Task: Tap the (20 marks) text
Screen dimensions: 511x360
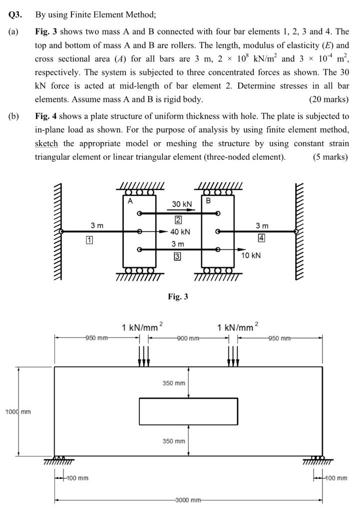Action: (x=329, y=99)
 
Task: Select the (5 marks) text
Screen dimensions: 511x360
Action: (x=331, y=157)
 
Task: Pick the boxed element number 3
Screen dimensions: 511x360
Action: (x=177, y=256)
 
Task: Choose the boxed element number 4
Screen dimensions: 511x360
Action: (x=261, y=238)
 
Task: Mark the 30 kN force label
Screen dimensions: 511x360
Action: (x=182, y=204)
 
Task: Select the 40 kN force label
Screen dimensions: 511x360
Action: (x=180, y=232)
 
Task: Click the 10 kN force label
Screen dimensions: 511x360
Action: (x=251, y=255)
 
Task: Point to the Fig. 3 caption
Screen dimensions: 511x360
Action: (x=178, y=296)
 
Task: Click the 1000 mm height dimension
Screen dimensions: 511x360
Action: (x=18, y=412)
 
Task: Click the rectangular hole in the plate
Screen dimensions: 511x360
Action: (x=188, y=412)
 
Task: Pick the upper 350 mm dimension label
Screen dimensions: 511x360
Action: (x=174, y=383)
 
